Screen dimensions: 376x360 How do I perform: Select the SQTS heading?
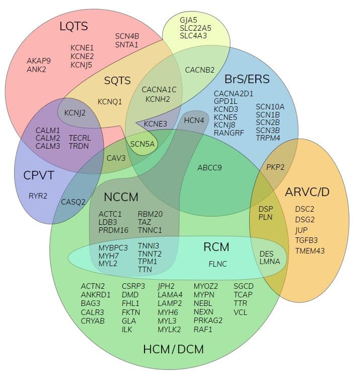pyautogui.click(x=117, y=80)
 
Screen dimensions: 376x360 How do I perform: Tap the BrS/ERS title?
pyautogui.click(x=247, y=79)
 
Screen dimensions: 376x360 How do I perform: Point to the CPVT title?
pyautogui.click(x=38, y=175)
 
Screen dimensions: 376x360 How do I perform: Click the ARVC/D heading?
pyautogui.click(x=307, y=192)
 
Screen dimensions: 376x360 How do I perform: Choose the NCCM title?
pyautogui.click(x=121, y=197)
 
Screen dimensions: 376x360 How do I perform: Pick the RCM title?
pyautogui.click(x=217, y=247)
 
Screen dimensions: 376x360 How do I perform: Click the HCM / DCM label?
pyautogui.click(x=174, y=349)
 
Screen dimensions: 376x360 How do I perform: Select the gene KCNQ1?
pyautogui.click(x=110, y=102)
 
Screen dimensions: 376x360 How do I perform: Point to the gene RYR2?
pyautogui.click(x=38, y=196)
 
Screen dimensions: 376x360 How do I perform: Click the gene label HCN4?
pyautogui.click(x=194, y=120)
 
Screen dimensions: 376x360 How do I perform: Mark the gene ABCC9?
pyautogui.click(x=209, y=168)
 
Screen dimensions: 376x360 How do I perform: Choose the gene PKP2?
pyautogui.click(x=275, y=167)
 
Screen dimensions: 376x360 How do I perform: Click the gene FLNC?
pyautogui.click(x=218, y=264)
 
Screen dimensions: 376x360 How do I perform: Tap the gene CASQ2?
pyautogui.click(x=74, y=202)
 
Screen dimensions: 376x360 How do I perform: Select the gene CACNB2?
pyautogui.click(x=200, y=70)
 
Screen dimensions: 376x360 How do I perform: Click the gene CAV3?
pyautogui.click(x=116, y=158)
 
